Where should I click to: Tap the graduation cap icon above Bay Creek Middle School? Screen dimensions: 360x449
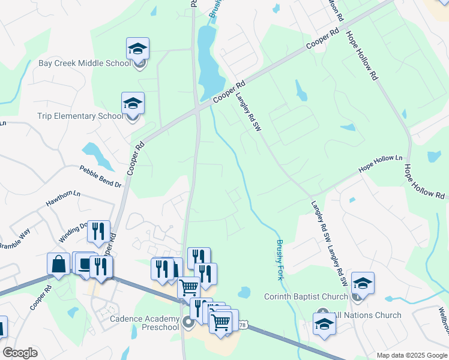[137, 49]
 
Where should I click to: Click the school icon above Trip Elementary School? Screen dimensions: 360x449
[133, 103]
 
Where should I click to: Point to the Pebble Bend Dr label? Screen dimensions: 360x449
[101, 176]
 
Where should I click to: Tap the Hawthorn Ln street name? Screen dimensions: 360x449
[63, 200]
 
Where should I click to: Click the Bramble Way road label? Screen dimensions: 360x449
[14, 238]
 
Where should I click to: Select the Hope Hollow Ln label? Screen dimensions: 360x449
[381, 165]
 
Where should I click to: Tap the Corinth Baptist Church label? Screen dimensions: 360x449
[306, 296]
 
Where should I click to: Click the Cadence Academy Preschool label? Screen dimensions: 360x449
[144, 323]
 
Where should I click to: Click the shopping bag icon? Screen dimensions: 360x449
[58, 264]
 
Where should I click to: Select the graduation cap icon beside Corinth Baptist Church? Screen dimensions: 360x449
[363, 283]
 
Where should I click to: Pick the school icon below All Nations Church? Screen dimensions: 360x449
[324, 324]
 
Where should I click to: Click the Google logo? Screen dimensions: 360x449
[19, 353]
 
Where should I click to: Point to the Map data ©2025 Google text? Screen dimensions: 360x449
[412, 355]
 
